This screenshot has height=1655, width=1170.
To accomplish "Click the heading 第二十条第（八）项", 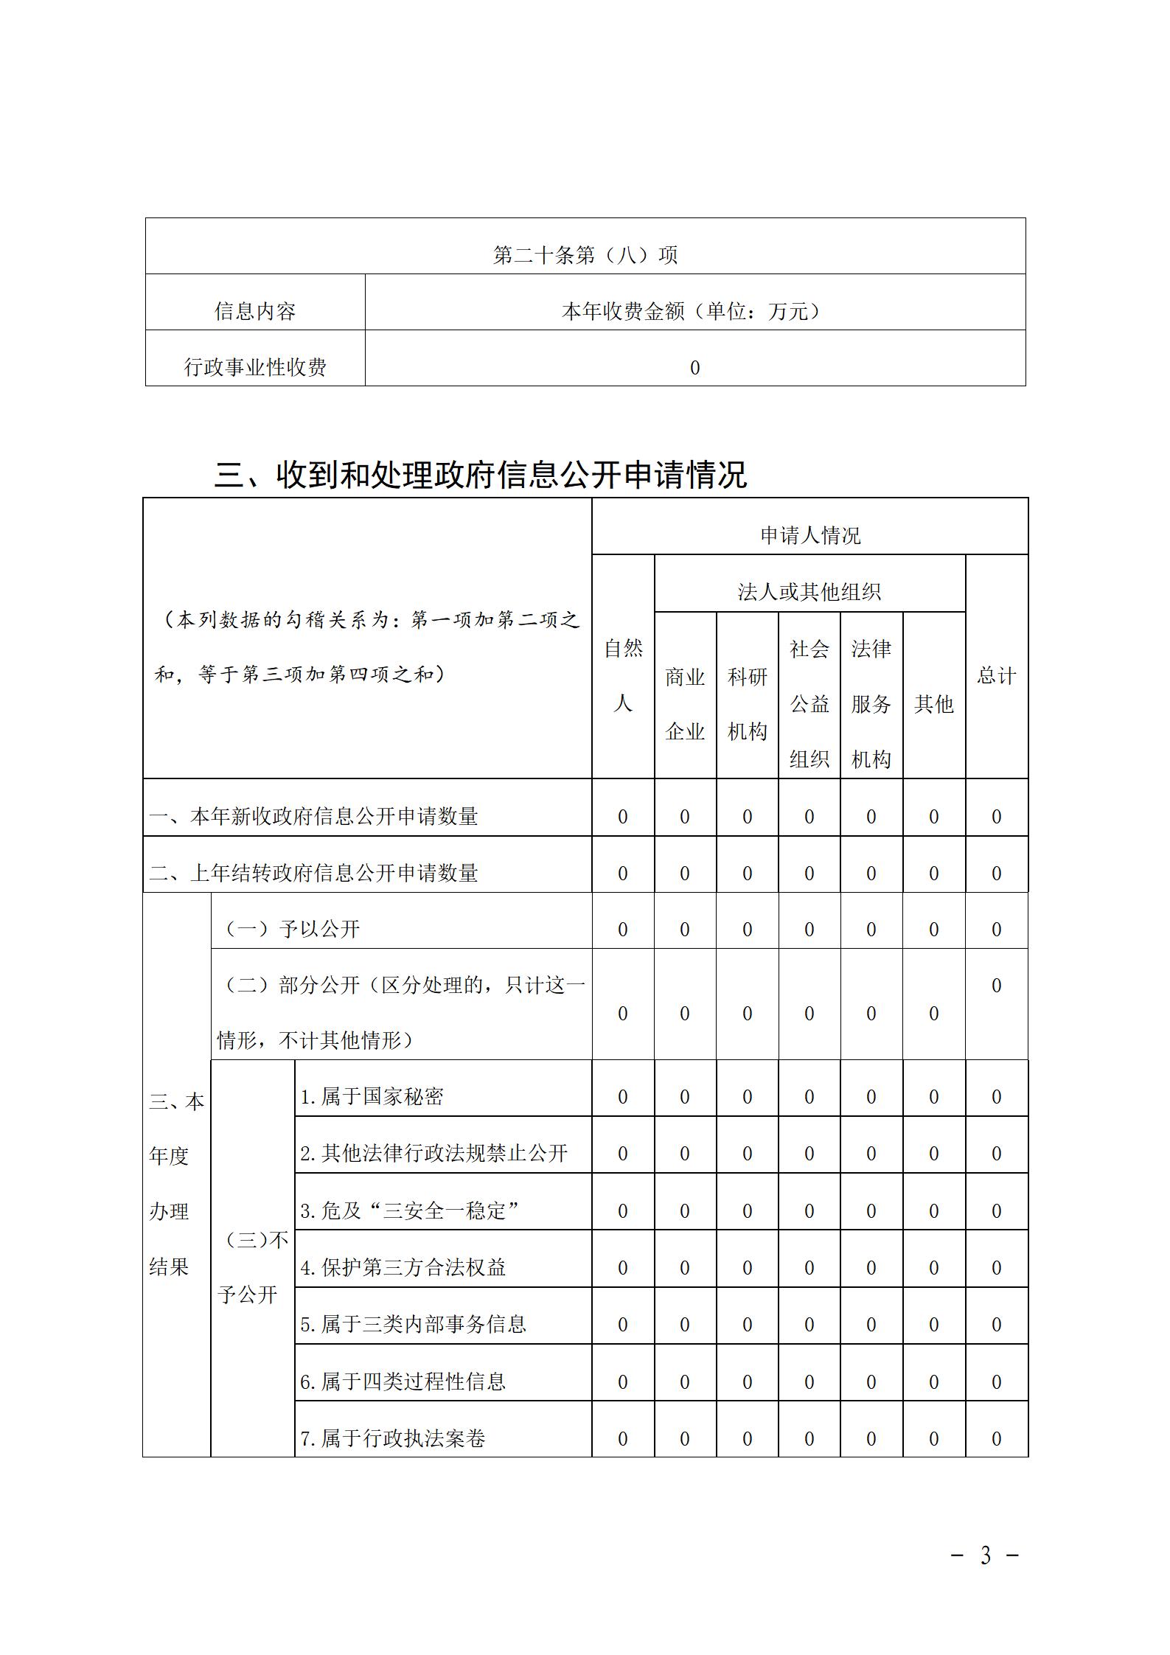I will (x=585, y=255).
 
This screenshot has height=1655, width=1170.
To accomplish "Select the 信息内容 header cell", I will (x=254, y=311).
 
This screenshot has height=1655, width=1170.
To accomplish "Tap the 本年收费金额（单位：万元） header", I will (x=694, y=311).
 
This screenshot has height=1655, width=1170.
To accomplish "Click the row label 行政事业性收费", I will (x=254, y=367).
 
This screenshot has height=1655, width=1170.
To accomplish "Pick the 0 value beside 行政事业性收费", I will (x=694, y=367).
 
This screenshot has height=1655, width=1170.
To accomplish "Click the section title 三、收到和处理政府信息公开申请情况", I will (x=481, y=475).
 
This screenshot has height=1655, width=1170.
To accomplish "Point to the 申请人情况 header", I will (x=809, y=535).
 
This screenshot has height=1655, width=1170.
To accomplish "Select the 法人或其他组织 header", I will (x=809, y=591).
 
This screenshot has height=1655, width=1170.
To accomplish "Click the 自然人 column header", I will (x=623, y=675).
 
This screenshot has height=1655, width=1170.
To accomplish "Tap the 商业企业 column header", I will (x=685, y=703).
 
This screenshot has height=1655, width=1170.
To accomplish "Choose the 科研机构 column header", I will (x=747, y=703).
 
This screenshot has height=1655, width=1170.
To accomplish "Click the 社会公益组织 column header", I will (x=809, y=703).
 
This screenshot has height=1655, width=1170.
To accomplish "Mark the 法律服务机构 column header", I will (x=871, y=703).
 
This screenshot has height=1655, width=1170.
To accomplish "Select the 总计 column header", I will (x=996, y=675).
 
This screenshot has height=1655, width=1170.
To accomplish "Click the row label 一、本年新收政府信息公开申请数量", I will (x=314, y=816).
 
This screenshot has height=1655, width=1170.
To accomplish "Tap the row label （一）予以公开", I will (x=291, y=929).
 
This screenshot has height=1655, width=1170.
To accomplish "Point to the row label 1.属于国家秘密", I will (x=372, y=1096).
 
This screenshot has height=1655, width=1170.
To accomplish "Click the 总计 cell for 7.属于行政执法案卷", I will (x=996, y=1438).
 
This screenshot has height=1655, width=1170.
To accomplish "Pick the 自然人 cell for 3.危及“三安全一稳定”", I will (x=623, y=1210).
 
